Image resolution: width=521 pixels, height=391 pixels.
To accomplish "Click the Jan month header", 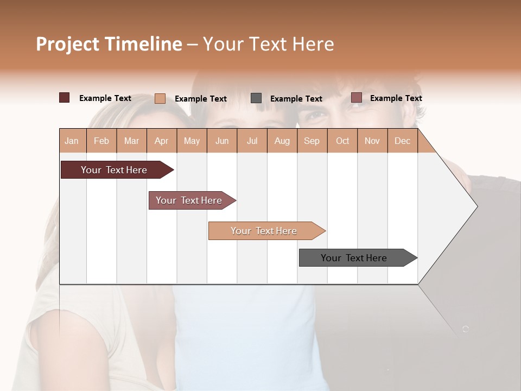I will pyautogui.click(x=72, y=141).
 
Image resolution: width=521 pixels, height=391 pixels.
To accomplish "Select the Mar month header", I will pyautogui.click(x=131, y=141).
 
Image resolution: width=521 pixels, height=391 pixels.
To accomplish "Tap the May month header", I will pyautogui.click(x=192, y=141).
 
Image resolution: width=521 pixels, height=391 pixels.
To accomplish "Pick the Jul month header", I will pyautogui.click(x=252, y=141).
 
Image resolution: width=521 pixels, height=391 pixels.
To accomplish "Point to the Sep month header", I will pyautogui.click(x=312, y=141).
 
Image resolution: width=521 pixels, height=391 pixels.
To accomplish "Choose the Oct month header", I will pyautogui.click(x=342, y=141).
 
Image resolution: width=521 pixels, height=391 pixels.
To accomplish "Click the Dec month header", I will pyautogui.click(x=402, y=141).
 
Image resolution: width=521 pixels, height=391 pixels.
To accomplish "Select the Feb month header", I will pyautogui.click(x=101, y=141).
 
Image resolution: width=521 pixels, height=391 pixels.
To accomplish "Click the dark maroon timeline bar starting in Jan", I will pyautogui.click(x=114, y=170).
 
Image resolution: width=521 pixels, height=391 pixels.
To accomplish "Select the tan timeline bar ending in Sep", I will pyautogui.click(x=264, y=231).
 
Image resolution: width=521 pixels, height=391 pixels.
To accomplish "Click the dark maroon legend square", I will pyautogui.click(x=64, y=98).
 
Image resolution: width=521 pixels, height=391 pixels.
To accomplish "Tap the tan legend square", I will pyautogui.click(x=160, y=98).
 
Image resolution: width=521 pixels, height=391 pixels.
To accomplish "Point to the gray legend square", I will pyautogui.click(x=256, y=98).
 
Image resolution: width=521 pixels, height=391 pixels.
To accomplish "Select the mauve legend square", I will pyautogui.click(x=357, y=98).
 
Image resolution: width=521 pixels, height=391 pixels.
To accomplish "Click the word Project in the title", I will pyautogui.click(x=68, y=44).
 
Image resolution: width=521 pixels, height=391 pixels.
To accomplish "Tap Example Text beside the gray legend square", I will pyautogui.click(x=296, y=99).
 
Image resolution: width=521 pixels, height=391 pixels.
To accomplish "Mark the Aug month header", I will pyautogui.click(x=282, y=141).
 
